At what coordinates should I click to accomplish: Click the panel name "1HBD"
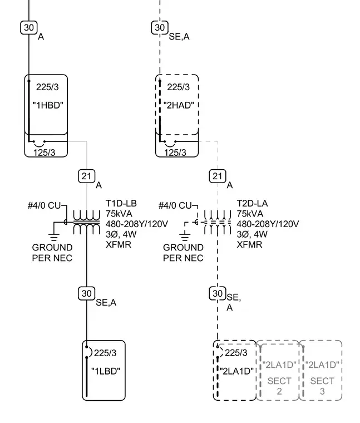(48, 105)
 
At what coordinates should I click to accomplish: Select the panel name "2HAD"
(179, 105)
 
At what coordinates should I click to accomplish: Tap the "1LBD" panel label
(106, 371)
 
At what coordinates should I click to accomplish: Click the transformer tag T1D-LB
(121, 203)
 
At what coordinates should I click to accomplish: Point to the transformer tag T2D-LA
(252, 203)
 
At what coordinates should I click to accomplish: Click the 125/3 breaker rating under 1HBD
(44, 153)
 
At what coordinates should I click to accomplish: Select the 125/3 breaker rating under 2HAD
(175, 153)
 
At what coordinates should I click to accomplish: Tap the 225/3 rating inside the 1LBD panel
(105, 353)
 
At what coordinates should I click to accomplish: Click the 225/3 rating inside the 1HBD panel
(47, 87)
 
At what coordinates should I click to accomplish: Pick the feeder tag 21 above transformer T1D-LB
(87, 176)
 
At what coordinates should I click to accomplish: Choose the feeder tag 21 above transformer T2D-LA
(218, 176)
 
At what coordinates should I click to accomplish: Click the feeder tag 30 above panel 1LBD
(87, 293)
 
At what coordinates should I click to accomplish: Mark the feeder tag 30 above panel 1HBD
(29, 27)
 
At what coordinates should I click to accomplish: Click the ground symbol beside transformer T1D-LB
(54, 237)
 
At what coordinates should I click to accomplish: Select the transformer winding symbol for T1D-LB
(87, 222)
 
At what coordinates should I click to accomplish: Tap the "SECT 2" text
(279, 386)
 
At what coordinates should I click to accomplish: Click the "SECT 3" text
(322, 386)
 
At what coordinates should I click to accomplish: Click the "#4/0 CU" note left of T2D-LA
(175, 205)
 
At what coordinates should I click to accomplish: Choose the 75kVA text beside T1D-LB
(119, 214)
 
